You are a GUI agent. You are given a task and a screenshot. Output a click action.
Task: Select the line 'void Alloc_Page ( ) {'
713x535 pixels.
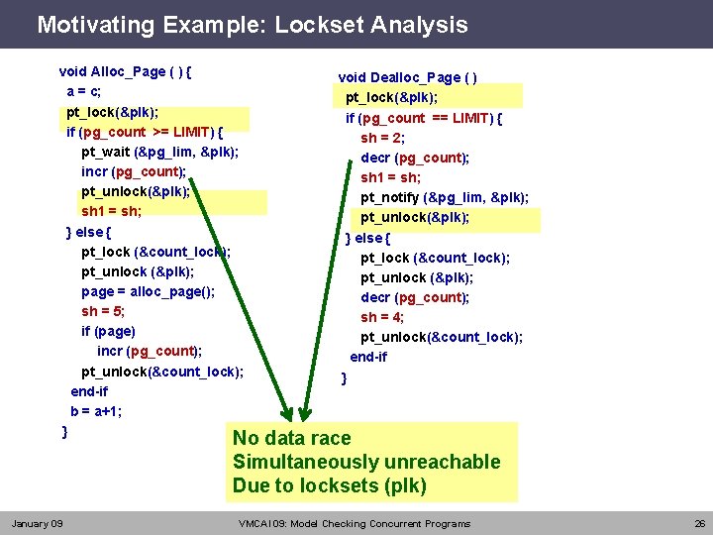tap(126, 71)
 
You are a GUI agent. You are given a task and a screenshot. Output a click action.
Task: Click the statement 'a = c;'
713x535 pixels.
tap(84, 91)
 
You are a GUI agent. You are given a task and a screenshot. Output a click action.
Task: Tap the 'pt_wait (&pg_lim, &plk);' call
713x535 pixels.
tap(159, 152)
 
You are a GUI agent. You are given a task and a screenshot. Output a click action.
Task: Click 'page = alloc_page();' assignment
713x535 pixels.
tap(148, 291)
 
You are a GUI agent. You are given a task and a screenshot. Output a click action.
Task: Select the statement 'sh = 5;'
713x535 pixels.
tap(103, 311)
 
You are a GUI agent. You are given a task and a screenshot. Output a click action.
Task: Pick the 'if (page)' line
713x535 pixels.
tap(108, 331)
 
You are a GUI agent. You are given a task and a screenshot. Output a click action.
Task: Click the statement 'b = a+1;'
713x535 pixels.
tap(96, 411)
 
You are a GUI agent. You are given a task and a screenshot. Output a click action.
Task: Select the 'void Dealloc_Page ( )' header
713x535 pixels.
tap(408, 77)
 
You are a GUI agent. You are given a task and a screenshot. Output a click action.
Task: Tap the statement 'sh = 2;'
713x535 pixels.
tap(381, 138)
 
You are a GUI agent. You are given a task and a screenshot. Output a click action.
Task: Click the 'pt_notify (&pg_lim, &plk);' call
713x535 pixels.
tap(444, 197)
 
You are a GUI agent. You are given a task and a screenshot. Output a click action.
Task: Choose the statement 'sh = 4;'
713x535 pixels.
tap(381, 317)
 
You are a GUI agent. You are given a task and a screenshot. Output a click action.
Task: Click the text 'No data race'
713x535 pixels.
tap(291, 438)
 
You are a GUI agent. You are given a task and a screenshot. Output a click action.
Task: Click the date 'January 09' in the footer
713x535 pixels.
tap(37, 523)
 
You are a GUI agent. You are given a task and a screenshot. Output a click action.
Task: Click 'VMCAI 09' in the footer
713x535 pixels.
tap(261, 523)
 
